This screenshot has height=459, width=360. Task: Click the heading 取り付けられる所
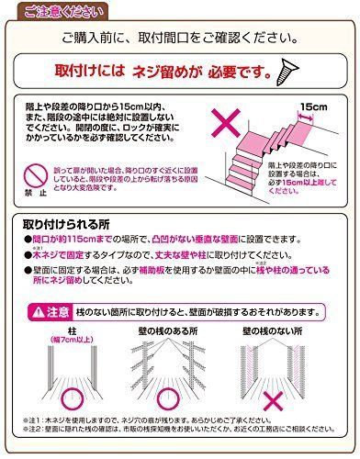coord(63,223)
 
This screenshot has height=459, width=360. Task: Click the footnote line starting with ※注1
coord(174,424)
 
